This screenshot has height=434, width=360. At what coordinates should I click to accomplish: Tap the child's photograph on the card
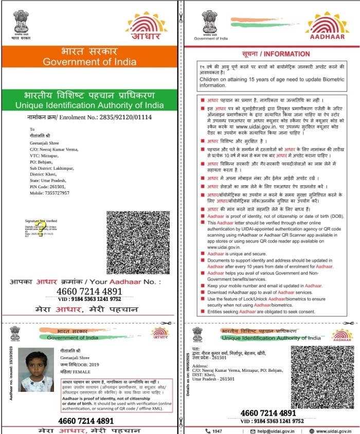[36, 370]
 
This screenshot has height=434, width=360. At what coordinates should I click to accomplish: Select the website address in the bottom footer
[334, 431]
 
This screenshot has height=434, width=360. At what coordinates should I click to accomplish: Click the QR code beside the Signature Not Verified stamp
[138, 242]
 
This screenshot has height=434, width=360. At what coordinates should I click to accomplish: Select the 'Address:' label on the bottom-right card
[201, 368]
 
